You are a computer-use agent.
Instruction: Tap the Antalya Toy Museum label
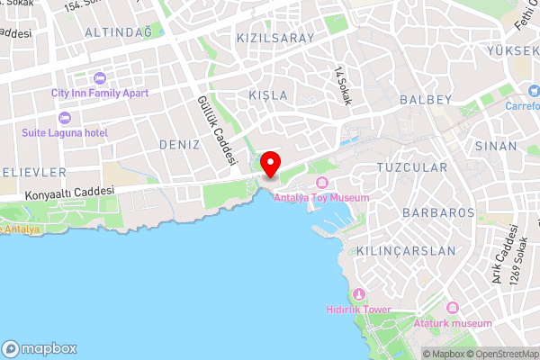click(x=321, y=197)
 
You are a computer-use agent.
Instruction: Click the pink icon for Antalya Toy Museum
click(x=321, y=183)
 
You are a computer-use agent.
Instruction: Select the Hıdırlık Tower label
click(x=358, y=310)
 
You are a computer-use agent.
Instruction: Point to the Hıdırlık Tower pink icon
click(x=358, y=294)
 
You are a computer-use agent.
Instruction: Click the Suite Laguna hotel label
click(x=65, y=133)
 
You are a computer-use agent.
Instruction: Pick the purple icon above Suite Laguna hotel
click(x=64, y=118)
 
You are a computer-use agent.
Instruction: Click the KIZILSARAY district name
click(x=274, y=39)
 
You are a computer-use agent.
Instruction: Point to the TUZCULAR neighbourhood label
click(x=411, y=168)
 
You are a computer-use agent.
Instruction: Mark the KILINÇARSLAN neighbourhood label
click(x=406, y=250)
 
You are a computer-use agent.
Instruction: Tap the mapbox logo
click(x=40, y=348)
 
